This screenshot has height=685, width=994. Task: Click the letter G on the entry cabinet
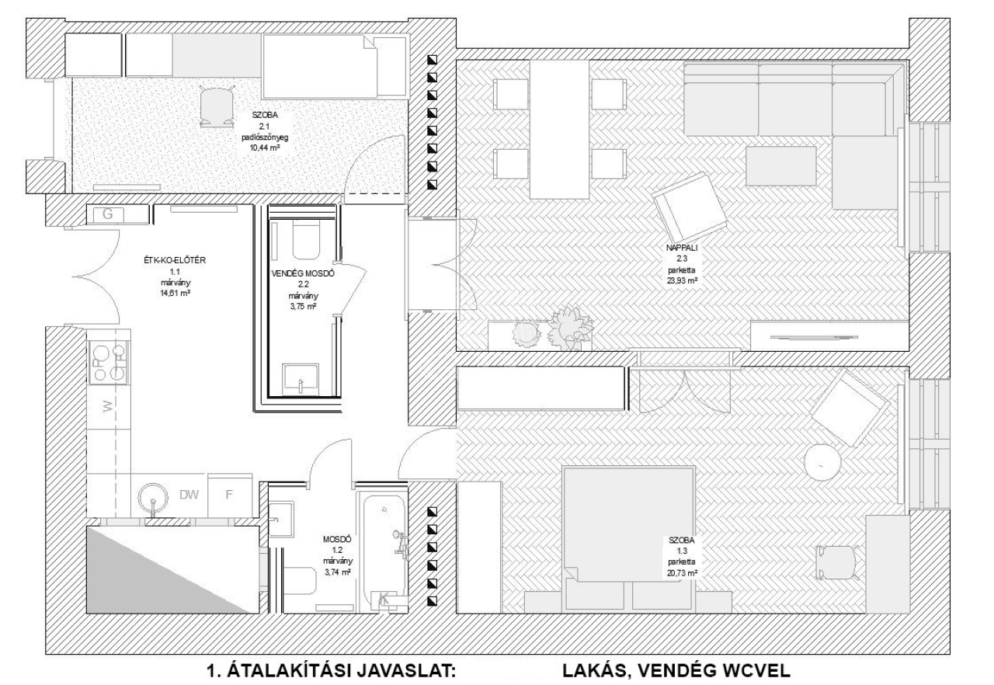point(108,214)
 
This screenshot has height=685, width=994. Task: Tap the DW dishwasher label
point(189,495)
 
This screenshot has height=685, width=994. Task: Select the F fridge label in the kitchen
point(229,495)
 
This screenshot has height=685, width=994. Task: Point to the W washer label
point(109,405)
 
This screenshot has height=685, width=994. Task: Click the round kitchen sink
point(153,499)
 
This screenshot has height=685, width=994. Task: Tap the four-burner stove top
point(109,363)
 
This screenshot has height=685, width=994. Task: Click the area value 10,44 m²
point(265,148)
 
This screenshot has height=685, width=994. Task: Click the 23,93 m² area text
point(682,280)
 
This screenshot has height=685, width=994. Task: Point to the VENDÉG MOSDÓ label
point(303,273)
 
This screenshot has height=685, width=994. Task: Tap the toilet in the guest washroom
point(306,241)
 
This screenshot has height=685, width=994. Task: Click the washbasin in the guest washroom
point(301,378)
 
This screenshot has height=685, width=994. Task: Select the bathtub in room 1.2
point(384,553)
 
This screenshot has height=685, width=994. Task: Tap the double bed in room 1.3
point(628,537)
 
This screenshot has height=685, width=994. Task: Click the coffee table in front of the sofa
point(781,166)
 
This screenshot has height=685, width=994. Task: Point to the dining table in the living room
point(560,130)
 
